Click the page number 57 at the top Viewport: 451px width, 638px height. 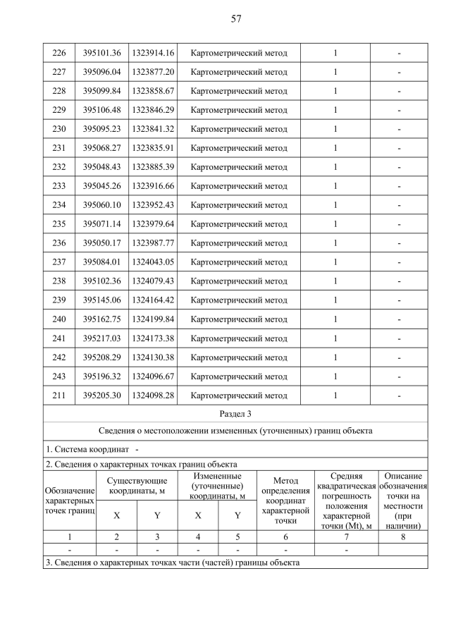click(236, 19)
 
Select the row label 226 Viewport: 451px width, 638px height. click(59, 53)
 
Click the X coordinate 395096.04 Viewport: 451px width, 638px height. click(101, 72)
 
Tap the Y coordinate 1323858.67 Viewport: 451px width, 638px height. click(153, 91)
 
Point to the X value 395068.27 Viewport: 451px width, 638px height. click(101, 148)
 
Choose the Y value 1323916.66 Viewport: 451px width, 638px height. click(153, 186)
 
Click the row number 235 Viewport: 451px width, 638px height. click(59, 224)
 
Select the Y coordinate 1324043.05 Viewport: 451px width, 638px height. click(153, 262)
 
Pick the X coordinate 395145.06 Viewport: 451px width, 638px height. click(101, 300)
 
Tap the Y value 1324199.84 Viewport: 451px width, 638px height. click(153, 319)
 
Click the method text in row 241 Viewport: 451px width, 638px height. click(239, 338)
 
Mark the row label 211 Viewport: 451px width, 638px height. click(59, 395)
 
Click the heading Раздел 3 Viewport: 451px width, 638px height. click(236, 414)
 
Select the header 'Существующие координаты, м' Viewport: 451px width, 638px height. click(137, 486)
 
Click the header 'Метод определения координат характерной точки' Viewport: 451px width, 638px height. click(285, 501)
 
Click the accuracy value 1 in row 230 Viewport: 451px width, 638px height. click(335, 129)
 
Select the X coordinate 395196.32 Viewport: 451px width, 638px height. click(101, 376)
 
